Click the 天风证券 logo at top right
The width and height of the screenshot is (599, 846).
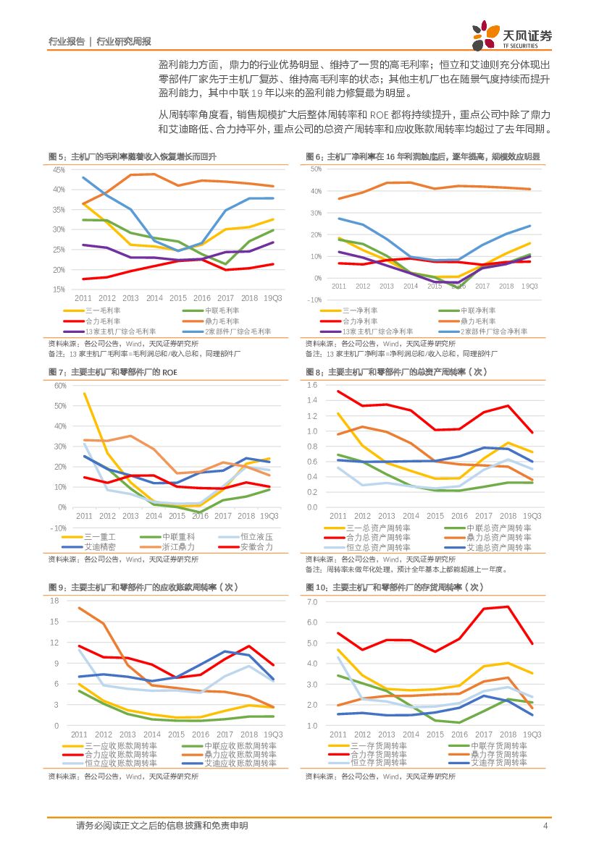pyautogui.click(x=511, y=37)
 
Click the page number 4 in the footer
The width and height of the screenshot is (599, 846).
pyautogui.click(x=545, y=826)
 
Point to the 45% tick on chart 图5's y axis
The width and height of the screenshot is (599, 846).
pyautogui.click(x=59, y=170)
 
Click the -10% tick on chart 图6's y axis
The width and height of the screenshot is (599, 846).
pyautogui.click(x=316, y=300)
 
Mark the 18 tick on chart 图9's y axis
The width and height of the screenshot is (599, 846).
pyautogui.click(x=54, y=601)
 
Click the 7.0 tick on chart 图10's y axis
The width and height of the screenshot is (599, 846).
pyautogui.click(x=312, y=602)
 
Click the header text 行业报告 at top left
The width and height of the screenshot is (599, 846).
pyautogui.click(x=66, y=42)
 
